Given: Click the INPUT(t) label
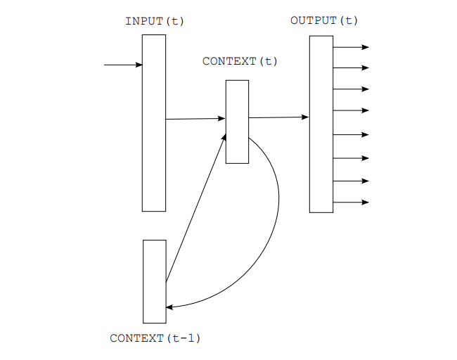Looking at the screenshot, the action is [x=155, y=21].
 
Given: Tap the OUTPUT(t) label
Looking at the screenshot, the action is [x=324, y=20].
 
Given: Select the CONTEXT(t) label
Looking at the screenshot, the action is [x=240, y=61].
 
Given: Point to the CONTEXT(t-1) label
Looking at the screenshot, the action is [x=155, y=338].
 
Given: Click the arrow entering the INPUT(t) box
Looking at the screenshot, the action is [x=123, y=65].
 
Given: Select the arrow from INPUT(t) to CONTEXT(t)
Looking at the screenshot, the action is [x=195, y=119].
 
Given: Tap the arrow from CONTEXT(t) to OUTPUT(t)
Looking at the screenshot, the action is [x=278, y=117].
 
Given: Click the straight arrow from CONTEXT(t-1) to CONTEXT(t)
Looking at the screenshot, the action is [x=196, y=208].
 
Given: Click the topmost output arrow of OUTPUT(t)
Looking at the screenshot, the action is [x=352, y=47].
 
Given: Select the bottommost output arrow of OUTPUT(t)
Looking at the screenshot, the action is [x=352, y=202].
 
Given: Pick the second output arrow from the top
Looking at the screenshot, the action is [x=352, y=67].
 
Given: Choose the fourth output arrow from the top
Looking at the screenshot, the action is [x=352, y=110].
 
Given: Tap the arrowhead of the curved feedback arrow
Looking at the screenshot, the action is [x=169, y=307].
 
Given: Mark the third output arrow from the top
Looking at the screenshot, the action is [x=352, y=89].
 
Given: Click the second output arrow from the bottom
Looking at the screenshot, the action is [x=352, y=181].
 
